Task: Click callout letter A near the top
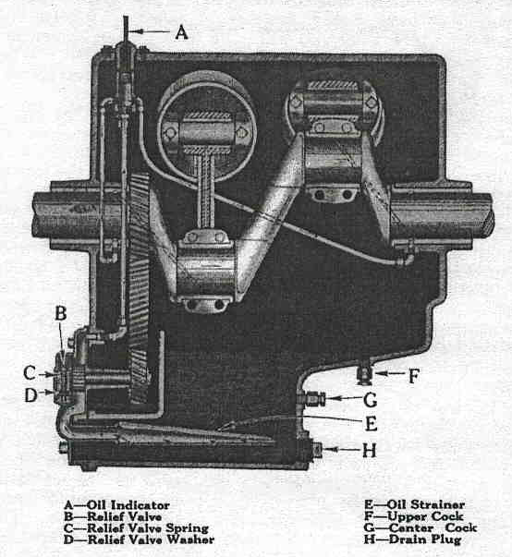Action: click(x=181, y=32)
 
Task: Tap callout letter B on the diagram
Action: click(x=61, y=313)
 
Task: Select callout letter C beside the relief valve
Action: click(x=30, y=373)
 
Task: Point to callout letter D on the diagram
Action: click(x=30, y=395)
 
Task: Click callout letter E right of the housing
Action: click(x=371, y=424)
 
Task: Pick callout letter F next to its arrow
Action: click(x=414, y=376)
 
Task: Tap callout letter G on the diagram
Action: click(x=371, y=400)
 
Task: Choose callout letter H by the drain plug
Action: click(x=369, y=451)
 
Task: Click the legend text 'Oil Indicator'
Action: click(x=128, y=504)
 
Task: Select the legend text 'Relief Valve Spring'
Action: click(x=148, y=527)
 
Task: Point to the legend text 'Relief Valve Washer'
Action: click(x=151, y=539)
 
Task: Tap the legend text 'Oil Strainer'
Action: click(x=426, y=504)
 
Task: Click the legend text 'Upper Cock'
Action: click(x=425, y=516)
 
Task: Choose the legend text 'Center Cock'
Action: click(x=433, y=527)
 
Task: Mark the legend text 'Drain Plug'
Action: click(x=425, y=539)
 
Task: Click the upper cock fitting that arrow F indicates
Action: click(x=364, y=375)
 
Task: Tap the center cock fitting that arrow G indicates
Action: click(x=312, y=398)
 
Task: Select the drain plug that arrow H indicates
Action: click(x=316, y=450)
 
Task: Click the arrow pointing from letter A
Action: click(x=149, y=31)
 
